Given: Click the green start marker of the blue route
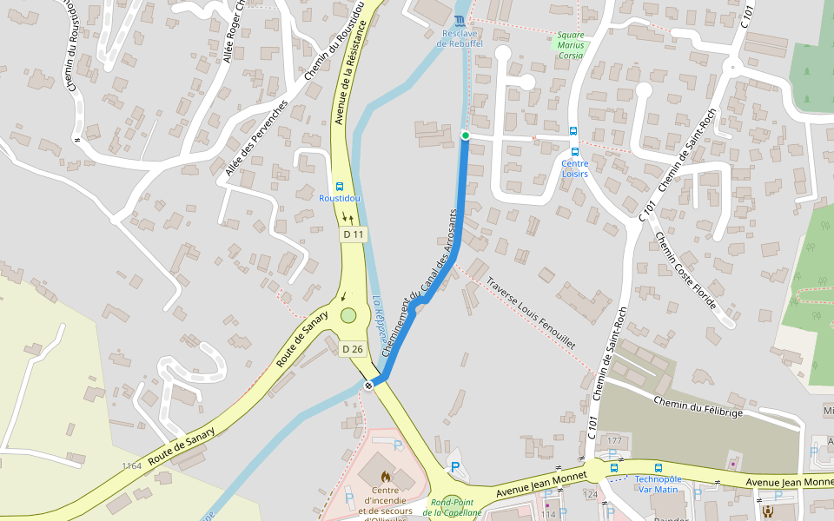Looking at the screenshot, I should pos(465,135).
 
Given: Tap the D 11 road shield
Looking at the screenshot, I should pos(354,234).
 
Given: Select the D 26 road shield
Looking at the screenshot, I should pos(352,349).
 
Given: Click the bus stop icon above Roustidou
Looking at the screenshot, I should pos(339,186).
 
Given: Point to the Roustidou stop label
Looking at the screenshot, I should pos(340,199).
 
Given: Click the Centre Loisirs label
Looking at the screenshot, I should pos(574,168).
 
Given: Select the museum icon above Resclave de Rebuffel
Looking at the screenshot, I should pos(460,20).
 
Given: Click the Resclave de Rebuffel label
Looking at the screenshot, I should pos(460,38).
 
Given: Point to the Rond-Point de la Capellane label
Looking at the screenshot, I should pos(452,508).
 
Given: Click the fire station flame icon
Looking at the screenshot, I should pos(386,477).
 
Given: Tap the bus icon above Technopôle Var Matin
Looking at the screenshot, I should pos(658,467).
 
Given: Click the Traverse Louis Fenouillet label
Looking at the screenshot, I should pos(531,313).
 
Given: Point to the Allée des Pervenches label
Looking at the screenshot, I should pos(255,138).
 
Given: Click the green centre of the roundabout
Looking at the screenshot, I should pos(348,316).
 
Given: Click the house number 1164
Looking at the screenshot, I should pos(132,466).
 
